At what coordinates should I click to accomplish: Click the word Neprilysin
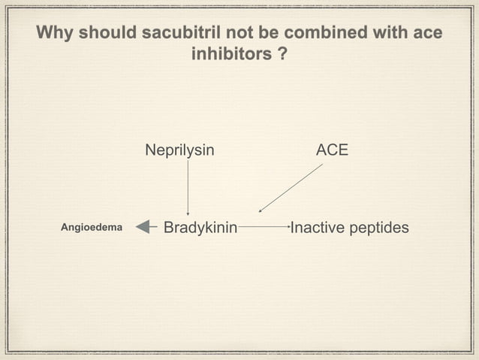(179, 150)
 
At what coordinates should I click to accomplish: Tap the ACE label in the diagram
(332, 150)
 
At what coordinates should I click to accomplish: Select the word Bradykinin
(200, 227)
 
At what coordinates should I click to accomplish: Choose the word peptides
(379, 227)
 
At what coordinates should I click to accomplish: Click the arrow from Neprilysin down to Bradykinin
(188, 188)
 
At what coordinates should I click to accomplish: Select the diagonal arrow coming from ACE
(291, 188)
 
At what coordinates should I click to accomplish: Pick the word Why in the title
(54, 35)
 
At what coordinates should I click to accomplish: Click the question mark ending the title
(281, 56)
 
